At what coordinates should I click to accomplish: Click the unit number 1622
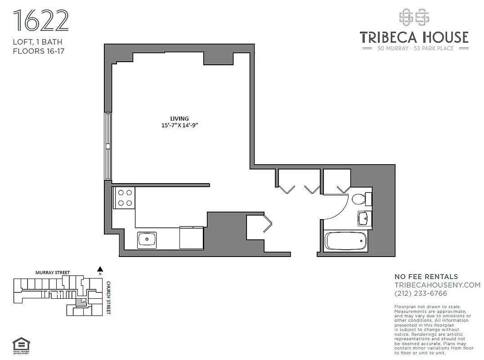pyautogui.click(x=41, y=21)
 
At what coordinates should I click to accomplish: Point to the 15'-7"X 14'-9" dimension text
pyautogui.click(x=180, y=126)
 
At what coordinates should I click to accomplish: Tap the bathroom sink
pyautogui.click(x=364, y=219)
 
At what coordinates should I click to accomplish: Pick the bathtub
pyautogui.click(x=346, y=242)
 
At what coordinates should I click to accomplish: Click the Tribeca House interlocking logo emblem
pyautogui.click(x=414, y=17)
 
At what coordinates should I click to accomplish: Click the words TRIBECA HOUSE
pyautogui.click(x=414, y=37)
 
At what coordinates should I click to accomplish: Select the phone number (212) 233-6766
pyautogui.click(x=421, y=293)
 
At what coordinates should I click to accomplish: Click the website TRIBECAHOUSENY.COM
pyautogui.click(x=437, y=285)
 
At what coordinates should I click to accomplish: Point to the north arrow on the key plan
pyautogui.click(x=100, y=269)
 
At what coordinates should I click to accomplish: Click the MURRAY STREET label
pyautogui.click(x=53, y=273)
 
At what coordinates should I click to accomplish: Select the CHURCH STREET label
pyautogui.click(x=108, y=298)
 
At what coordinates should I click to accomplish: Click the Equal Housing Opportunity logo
pyautogui.click(x=20, y=345)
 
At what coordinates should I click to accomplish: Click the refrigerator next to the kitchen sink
pyautogui.click(x=192, y=238)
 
